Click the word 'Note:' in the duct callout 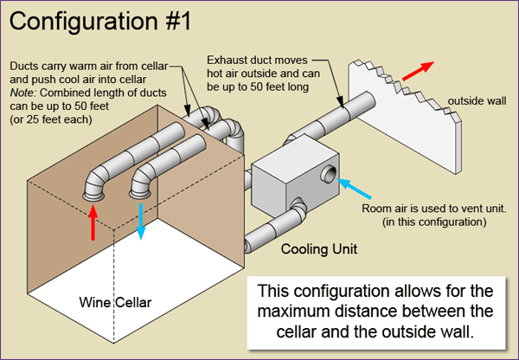pos(24,90)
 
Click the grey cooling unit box pos(285,186)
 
